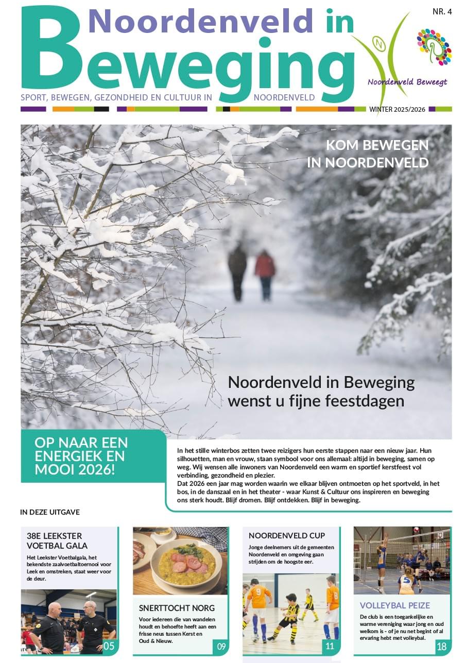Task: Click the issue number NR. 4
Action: [x=441, y=12]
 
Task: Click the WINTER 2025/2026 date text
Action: [x=397, y=109]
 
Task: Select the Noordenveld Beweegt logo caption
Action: [x=407, y=82]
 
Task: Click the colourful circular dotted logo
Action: [x=434, y=47]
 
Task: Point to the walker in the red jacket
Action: [x=265, y=274]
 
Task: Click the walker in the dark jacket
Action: [x=237, y=271]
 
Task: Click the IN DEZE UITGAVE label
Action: [x=50, y=512]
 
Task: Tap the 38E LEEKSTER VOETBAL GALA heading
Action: [x=57, y=540]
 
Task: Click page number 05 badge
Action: [x=109, y=646]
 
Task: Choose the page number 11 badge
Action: [x=330, y=646]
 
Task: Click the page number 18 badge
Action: [x=441, y=646]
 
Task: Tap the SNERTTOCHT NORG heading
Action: [x=169, y=608]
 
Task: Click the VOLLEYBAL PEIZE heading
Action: [x=394, y=605]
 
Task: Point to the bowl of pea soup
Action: [x=187, y=563]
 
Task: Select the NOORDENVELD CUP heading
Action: [x=286, y=536]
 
